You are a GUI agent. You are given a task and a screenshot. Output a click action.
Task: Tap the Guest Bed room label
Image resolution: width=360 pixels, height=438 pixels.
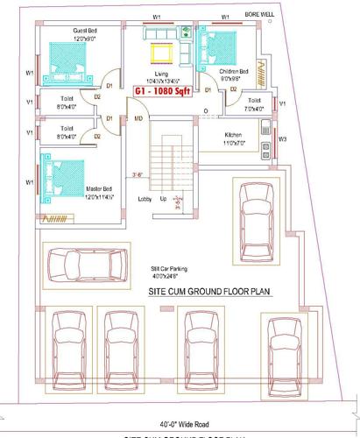[x=84, y=35]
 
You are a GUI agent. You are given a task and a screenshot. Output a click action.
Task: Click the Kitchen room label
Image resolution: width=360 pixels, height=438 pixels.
[x=233, y=138]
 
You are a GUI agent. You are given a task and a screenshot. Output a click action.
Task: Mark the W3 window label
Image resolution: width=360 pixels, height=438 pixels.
[x=281, y=138]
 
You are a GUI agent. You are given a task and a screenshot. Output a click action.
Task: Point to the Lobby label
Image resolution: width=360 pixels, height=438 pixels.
[x=145, y=200]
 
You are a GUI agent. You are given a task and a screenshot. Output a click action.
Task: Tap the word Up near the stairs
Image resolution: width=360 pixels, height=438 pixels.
[x=163, y=200]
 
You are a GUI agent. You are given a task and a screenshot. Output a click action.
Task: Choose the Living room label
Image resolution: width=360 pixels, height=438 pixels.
[x=160, y=74]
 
